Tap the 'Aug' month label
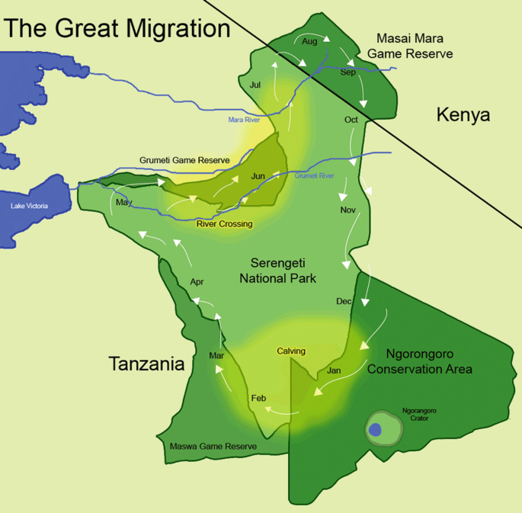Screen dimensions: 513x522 point(309,41)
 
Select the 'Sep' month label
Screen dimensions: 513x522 point(347,72)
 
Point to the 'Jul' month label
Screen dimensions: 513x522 point(255,85)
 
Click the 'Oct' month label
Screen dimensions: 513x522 point(351,120)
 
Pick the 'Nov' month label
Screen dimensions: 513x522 point(347,210)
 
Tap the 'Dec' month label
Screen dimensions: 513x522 point(344,301)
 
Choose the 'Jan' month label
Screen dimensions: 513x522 point(334,370)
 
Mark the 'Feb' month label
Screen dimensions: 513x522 point(258,399)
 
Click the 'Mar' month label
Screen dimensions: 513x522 point(216,355)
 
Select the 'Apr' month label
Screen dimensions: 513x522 point(197,282)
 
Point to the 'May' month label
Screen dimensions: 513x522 point(123,202)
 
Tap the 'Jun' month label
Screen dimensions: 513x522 point(258,176)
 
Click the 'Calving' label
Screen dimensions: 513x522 point(291,351)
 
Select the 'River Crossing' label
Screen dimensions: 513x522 point(224,224)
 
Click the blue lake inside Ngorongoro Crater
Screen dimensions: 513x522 point(375,430)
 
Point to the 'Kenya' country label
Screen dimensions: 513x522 point(463,115)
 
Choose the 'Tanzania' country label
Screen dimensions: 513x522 point(147,364)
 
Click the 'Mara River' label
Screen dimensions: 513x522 point(245,120)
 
